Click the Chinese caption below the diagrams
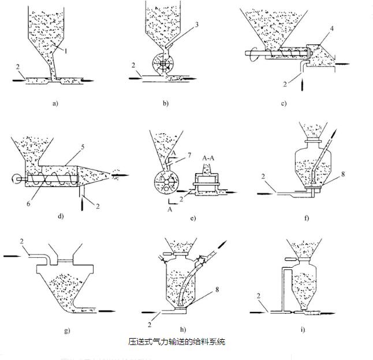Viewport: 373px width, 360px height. coord(176,342)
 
